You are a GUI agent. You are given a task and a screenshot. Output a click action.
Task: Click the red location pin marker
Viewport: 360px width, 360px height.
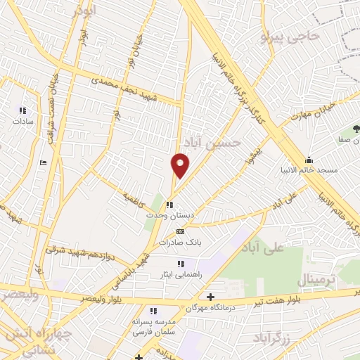coord(181,165)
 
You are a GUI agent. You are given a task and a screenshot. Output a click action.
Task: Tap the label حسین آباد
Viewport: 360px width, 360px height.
coord(217,143)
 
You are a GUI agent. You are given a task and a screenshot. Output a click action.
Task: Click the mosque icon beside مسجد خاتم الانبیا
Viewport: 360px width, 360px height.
coord(309,160)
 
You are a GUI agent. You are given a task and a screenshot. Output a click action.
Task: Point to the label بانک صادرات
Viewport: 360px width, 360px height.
coord(180,242)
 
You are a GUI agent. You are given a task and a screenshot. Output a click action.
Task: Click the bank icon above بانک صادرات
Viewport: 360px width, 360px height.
coord(180,231)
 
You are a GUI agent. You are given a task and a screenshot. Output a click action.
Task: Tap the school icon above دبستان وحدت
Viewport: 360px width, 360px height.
coord(169,205)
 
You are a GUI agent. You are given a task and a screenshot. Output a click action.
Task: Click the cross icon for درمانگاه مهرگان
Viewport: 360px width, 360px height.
coord(210,297)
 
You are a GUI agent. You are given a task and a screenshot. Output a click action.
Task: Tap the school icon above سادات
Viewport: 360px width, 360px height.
coord(22,110)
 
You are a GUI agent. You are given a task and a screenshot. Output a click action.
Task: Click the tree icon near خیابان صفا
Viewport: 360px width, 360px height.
coord(354,129)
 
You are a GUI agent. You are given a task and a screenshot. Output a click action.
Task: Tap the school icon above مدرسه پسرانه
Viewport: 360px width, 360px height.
coord(152,311)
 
